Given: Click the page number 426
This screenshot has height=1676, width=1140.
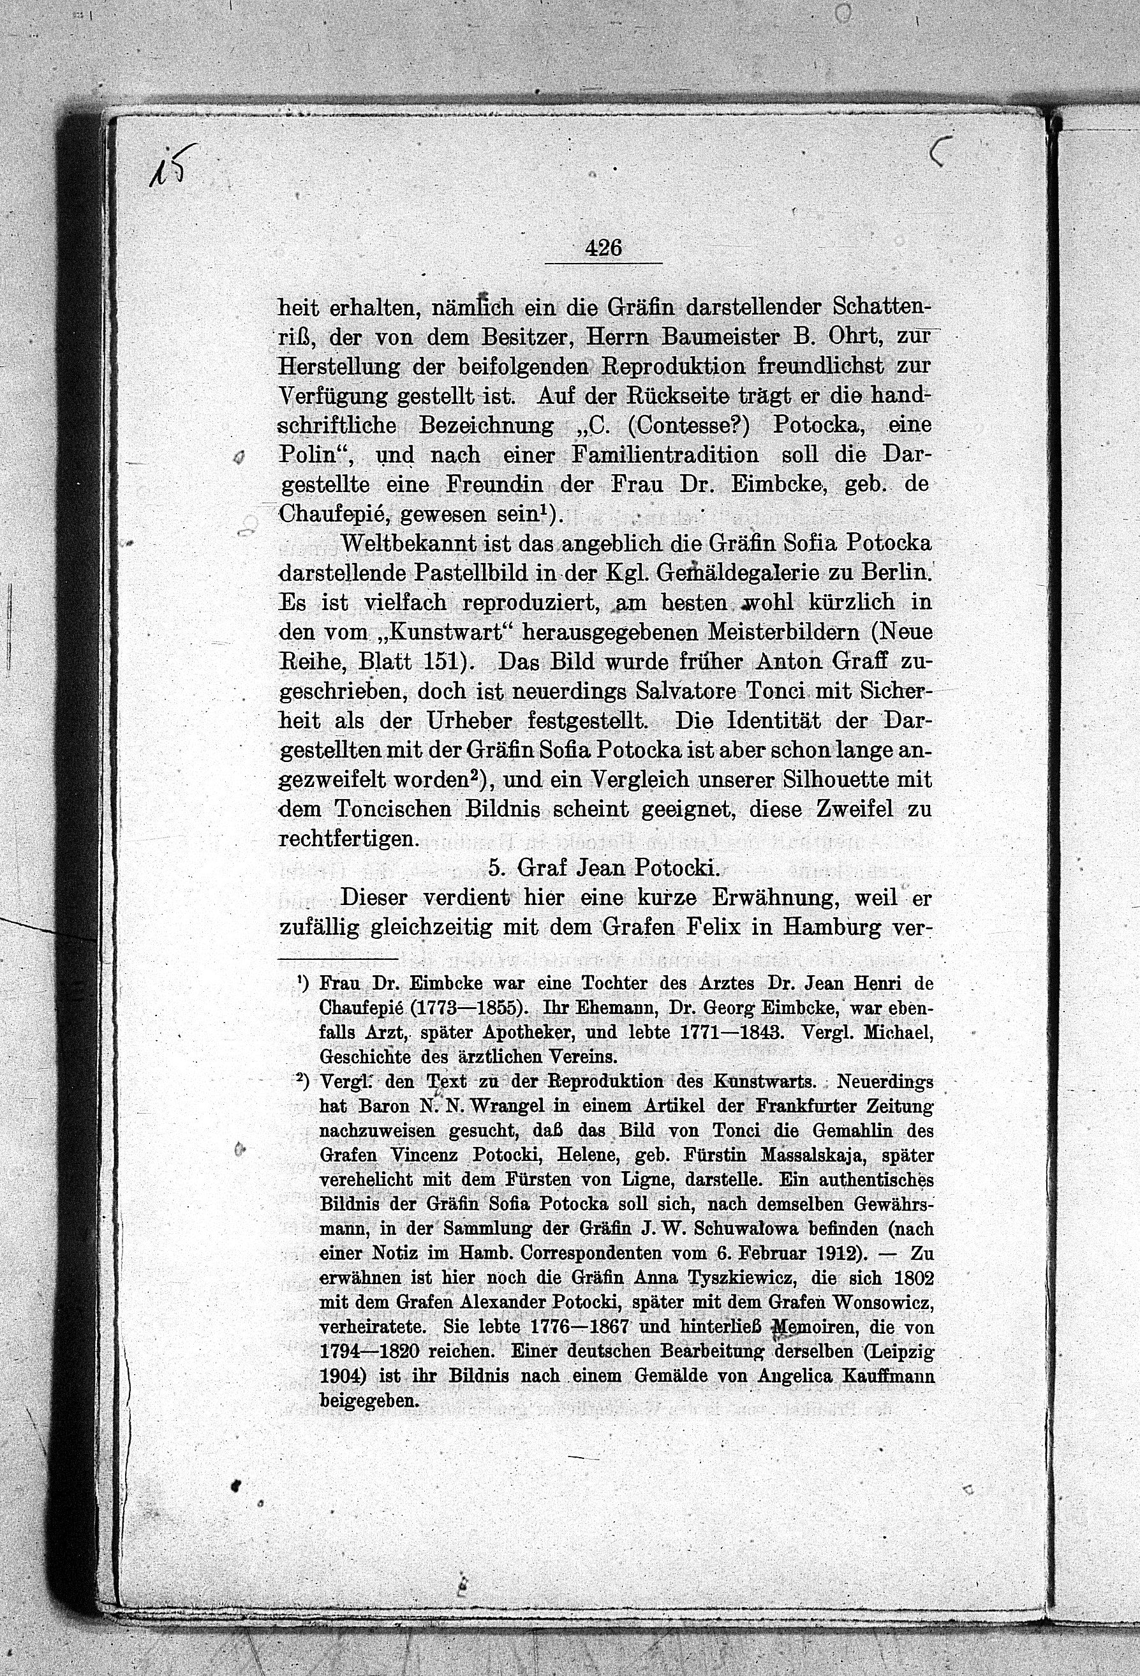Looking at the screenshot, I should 603,249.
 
